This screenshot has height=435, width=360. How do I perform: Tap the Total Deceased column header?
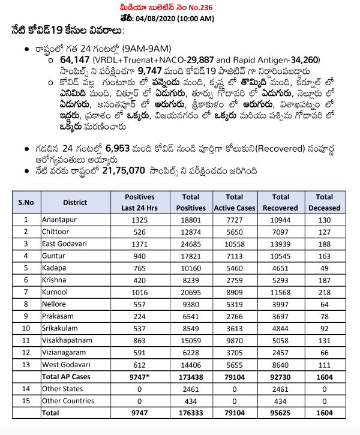coord(324,202)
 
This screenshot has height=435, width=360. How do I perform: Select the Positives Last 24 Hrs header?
coord(139,202)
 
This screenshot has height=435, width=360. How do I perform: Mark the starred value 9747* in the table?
coord(139,377)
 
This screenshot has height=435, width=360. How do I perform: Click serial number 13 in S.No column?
coord(26,364)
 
